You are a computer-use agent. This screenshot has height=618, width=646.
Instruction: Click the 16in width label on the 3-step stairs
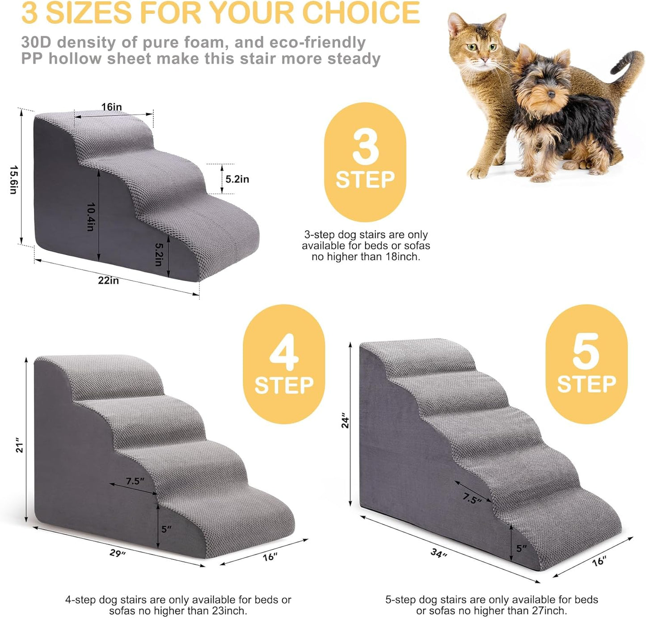point(111,107)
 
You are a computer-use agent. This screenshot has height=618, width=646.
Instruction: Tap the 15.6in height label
point(13,180)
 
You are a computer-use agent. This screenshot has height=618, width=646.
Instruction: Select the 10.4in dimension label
point(91,217)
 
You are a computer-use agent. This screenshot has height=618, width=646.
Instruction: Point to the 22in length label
point(109,280)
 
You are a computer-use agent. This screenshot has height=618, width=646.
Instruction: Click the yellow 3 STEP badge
point(365,162)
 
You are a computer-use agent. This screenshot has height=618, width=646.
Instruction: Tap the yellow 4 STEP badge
point(284,364)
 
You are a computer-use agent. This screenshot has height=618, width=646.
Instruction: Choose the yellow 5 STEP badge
point(586,364)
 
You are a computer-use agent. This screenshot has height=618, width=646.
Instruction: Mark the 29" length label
point(118,553)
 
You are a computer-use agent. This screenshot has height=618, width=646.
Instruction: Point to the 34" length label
point(439,554)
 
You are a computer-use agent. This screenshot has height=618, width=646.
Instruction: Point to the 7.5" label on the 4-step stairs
point(135,481)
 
